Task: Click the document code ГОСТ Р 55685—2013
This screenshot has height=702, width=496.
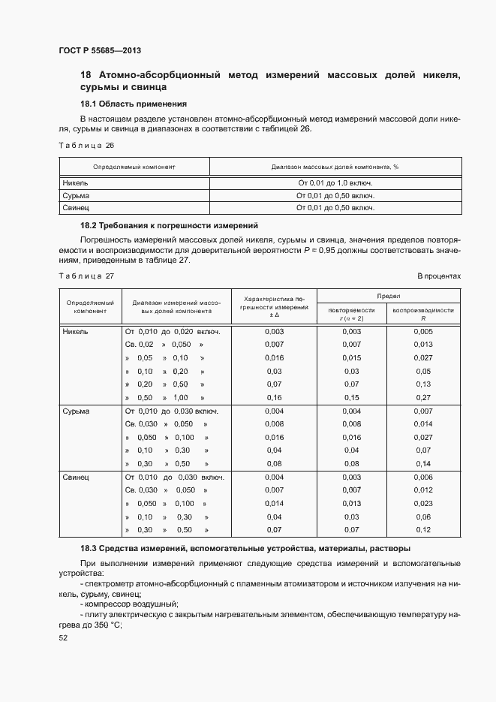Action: pos(99,50)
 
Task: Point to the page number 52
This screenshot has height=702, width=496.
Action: pos(63,637)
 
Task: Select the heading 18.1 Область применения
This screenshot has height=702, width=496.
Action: pos(133,104)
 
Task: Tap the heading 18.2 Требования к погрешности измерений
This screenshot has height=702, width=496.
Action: pos(169,225)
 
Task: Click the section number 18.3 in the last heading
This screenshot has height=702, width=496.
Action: pos(89,549)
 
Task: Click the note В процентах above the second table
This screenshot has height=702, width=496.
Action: pos(439,276)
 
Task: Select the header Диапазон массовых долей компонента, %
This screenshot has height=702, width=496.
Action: pos(334,167)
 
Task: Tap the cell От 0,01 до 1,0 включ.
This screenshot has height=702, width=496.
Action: pos(335,182)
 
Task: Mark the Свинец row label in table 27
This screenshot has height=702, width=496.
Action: pos(76,477)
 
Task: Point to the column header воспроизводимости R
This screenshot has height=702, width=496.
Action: pos(423,314)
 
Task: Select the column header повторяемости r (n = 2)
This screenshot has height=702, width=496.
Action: pos(351,314)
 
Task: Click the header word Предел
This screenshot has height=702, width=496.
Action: pos(388,296)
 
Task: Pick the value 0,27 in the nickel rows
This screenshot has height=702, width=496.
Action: pos(423,397)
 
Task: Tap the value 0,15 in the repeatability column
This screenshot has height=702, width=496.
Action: pos(351,397)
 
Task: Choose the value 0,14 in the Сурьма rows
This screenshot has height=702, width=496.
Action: pos(423,463)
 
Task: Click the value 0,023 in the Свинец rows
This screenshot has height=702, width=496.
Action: pos(423,503)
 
